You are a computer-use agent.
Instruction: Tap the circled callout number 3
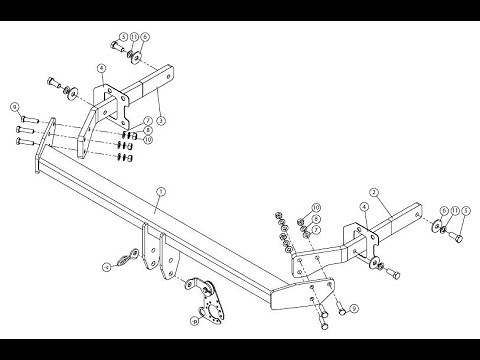(162, 121)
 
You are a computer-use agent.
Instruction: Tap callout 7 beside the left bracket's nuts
(147, 121)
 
